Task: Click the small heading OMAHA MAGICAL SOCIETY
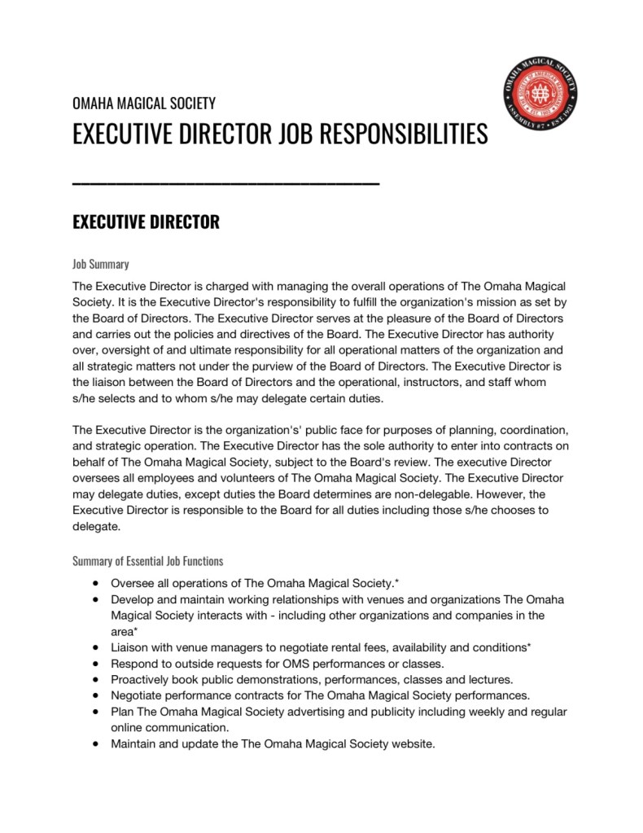144,103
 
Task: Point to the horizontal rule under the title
225,184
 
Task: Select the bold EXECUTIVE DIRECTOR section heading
146,222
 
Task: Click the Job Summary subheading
101,264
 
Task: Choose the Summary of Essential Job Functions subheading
147,561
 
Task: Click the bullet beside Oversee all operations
97,584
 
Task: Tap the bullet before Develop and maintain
97,599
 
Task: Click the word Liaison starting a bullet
131,647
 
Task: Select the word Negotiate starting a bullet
138,695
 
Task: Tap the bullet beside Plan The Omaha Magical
97,711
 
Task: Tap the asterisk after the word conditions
530,647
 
